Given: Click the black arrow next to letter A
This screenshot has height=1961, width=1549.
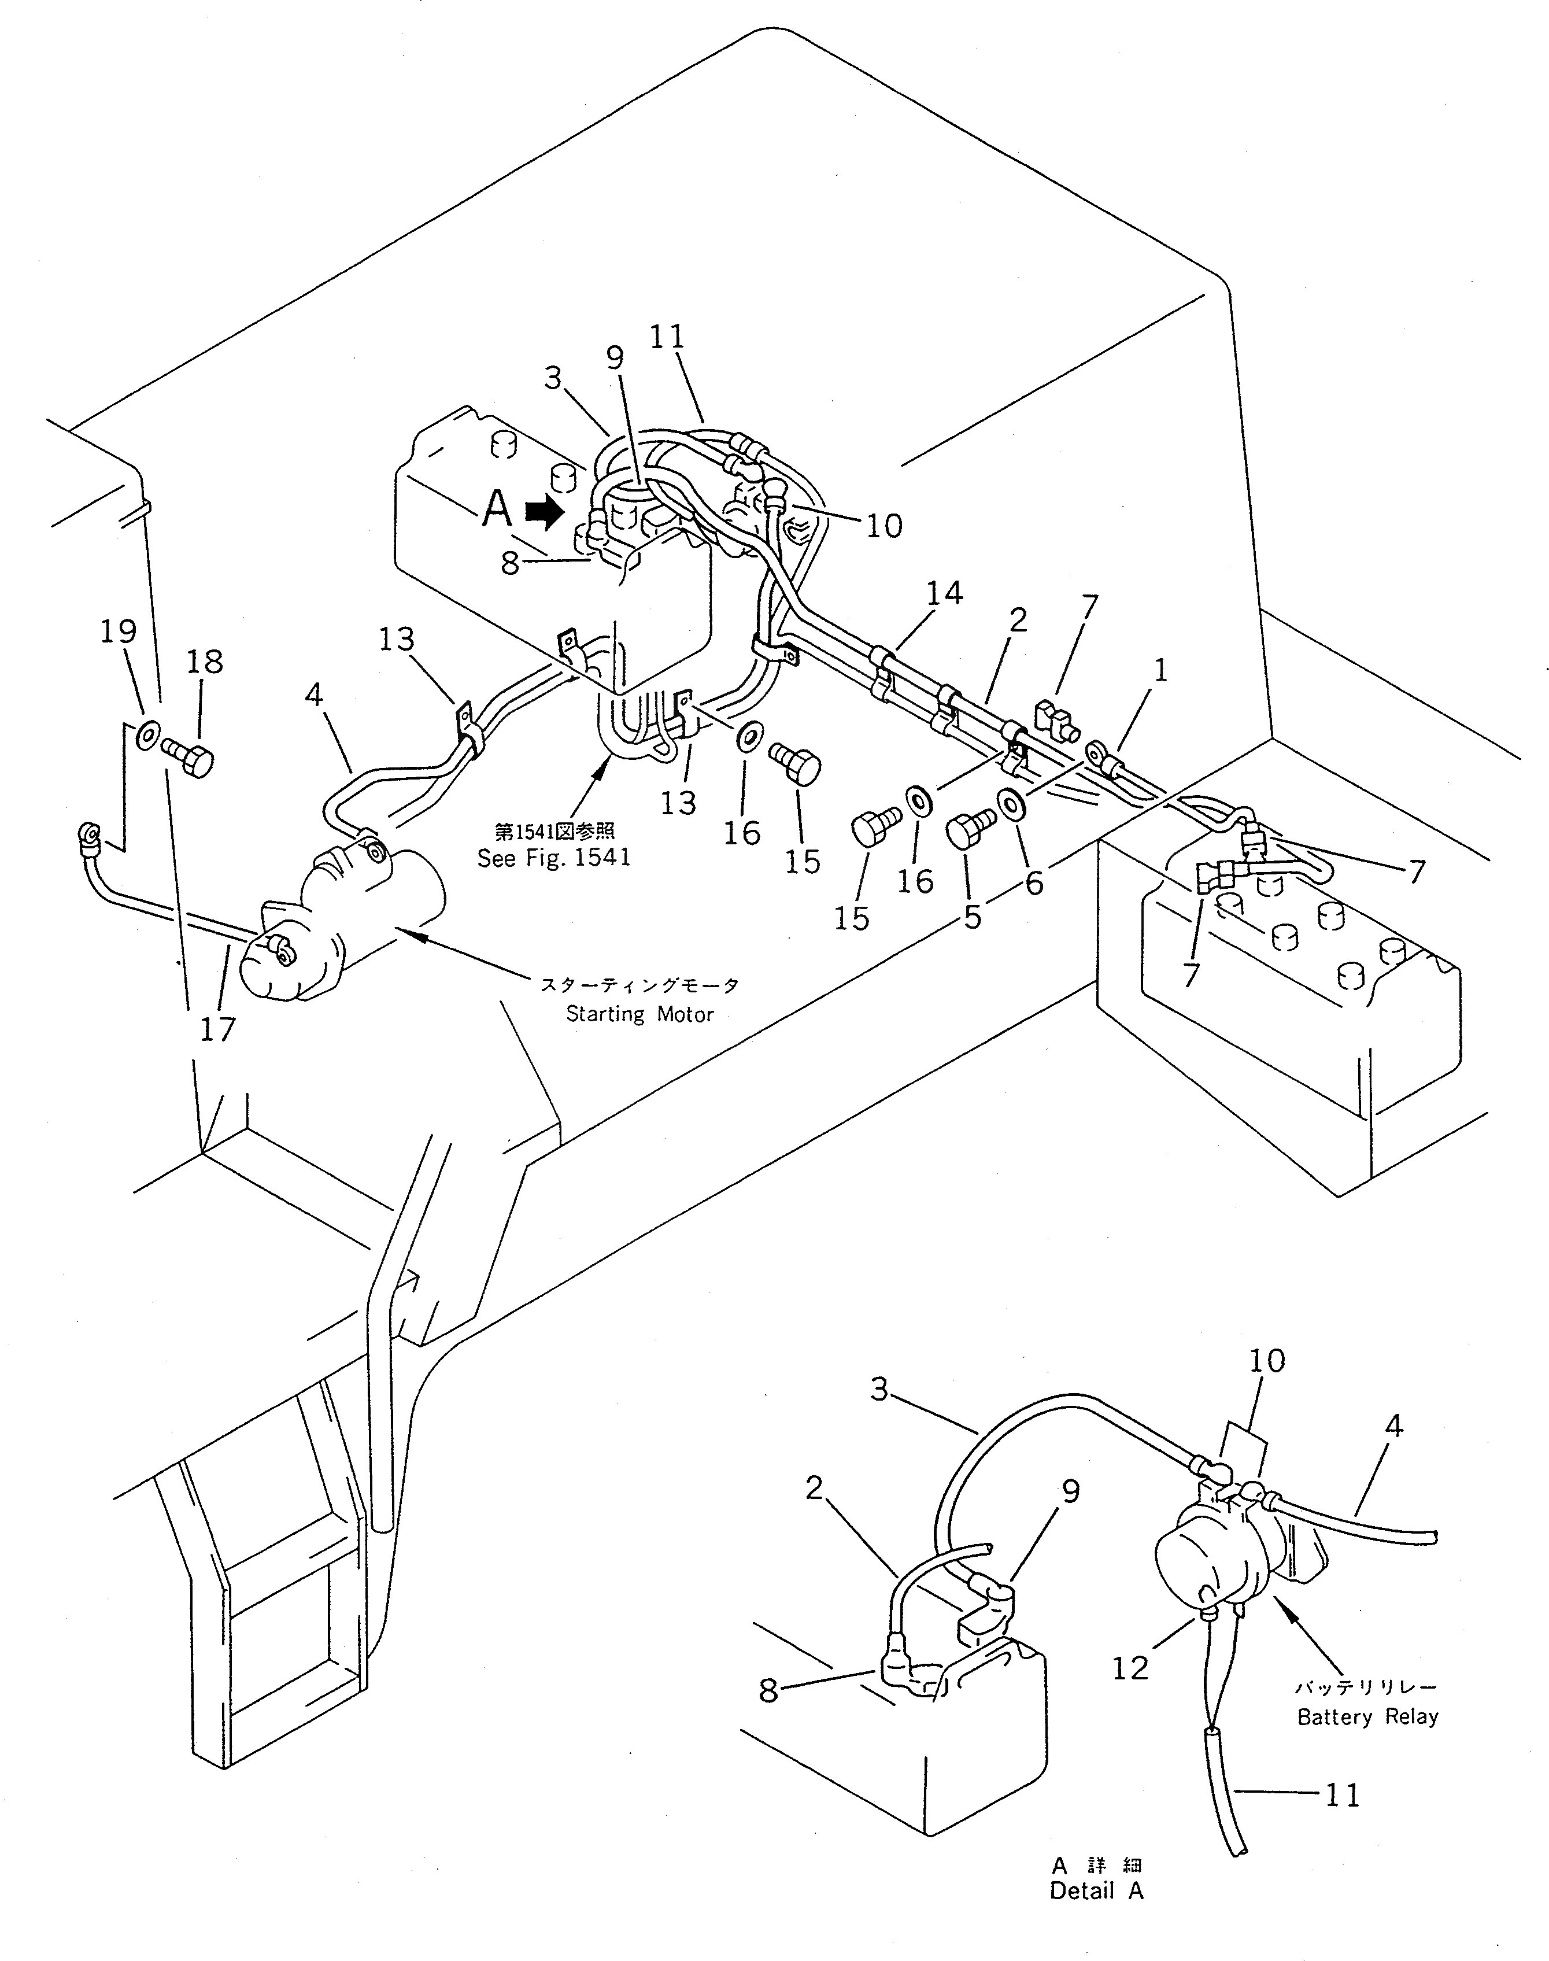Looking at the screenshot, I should pyautogui.click(x=544, y=514).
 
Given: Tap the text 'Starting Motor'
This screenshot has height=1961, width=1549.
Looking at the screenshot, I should pyautogui.click(x=639, y=1014).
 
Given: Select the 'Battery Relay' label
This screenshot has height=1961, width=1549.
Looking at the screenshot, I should pyautogui.click(x=1367, y=1716).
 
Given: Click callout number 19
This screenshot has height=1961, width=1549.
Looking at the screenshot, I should pyautogui.click(x=119, y=631).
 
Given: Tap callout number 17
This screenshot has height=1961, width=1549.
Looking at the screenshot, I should pyautogui.click(x=217, y=1029).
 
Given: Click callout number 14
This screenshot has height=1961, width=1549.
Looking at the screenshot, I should pyautogui.click(x=944, y=592).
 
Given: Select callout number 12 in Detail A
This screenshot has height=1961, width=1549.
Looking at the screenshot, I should pyautogui.click(x=1130, y=1667).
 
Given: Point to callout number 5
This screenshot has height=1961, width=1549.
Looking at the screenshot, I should pyautogui.click(x=972, y=917).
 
